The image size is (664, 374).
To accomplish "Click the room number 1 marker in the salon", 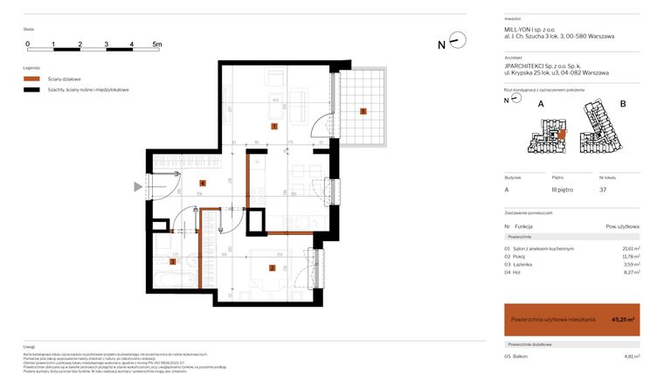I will point(274,127).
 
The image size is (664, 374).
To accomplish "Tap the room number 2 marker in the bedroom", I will point(273,268).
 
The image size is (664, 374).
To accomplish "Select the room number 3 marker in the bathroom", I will point(173,260).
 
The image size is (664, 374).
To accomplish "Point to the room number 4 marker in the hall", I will point(203,183).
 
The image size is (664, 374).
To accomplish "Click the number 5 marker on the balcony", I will point(363,111).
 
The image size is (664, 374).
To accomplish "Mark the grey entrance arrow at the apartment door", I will point(137,186).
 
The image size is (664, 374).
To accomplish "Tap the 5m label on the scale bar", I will point(157,43).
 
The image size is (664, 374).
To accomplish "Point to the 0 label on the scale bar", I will point(27,43).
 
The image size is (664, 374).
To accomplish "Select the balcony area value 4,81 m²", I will point(632,356).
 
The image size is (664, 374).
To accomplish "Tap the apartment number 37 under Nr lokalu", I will point(603,189).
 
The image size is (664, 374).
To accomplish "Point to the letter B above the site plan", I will point(623,104).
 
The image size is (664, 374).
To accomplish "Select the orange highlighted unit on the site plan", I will point(563,134).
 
